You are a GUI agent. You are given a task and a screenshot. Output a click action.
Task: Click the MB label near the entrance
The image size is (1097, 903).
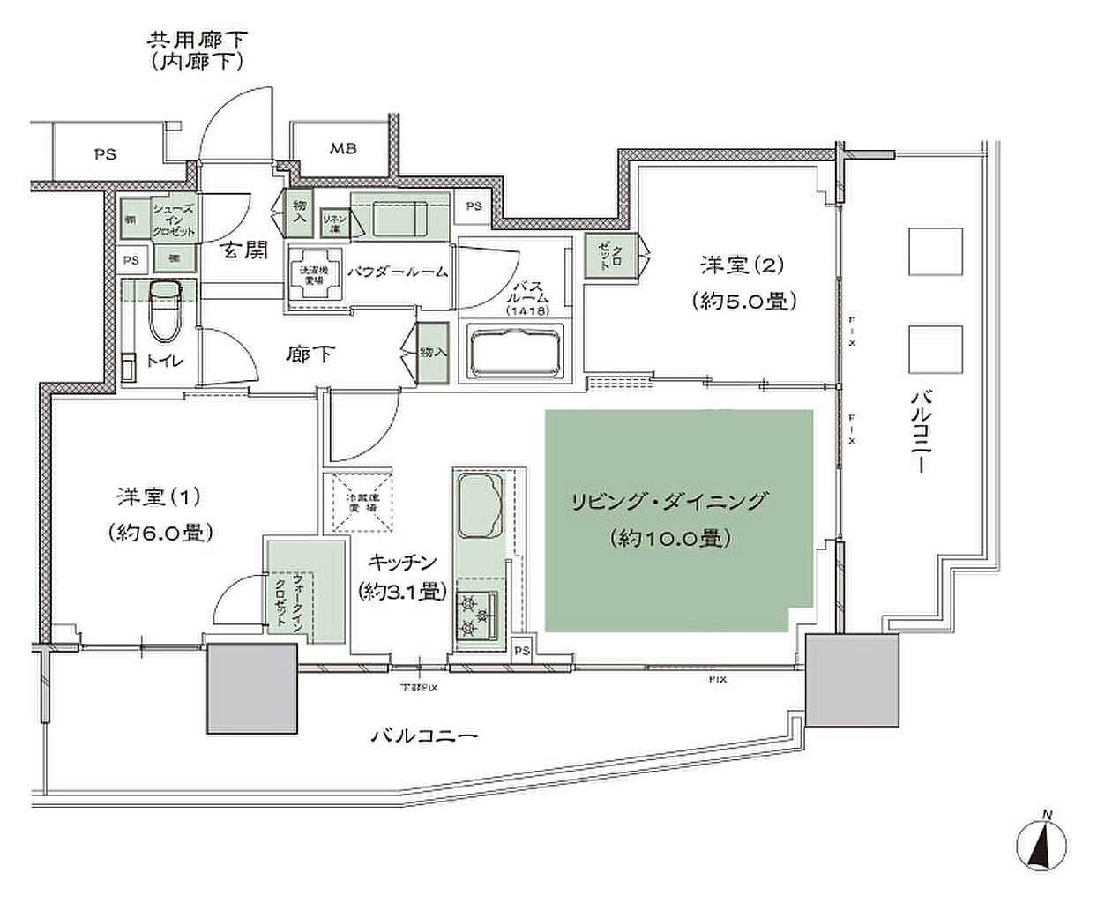pyautogui.click(x=343, y=148)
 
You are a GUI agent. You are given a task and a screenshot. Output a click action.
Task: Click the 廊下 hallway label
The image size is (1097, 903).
pyautogui.click(x=310, y=354)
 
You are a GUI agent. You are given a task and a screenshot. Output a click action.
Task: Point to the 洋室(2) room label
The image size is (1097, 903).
pyautogui.click(x=742, y=264)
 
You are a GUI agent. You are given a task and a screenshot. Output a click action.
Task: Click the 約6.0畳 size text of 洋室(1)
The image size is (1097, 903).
pyautogui.click(x=160, y=532)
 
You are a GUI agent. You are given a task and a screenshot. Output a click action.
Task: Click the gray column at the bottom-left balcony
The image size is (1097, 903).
pyautogui.click(x=251, y=688)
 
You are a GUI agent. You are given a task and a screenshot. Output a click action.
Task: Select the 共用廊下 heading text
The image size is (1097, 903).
pyautogui.click(x=197, y=40)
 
